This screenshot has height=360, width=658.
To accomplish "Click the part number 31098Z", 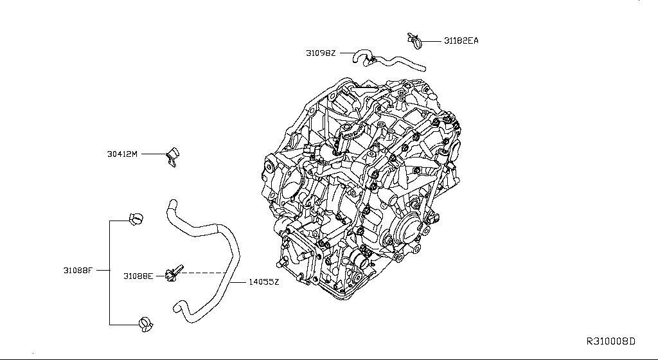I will click(x=321, y=53).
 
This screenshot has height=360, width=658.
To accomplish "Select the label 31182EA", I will click(x=461, y=40).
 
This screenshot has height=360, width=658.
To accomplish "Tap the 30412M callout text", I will click(x=122, y=154).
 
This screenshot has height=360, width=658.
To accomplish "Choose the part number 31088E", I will click(x=138, y=276).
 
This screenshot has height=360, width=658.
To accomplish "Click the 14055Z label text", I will click(x=263, y=283).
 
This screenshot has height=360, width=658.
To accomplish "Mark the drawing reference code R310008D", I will click(x=610, y=340).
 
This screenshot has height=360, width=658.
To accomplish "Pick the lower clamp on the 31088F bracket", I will click(x=146, y=325).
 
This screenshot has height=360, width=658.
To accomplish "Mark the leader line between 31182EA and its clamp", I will click(x=432, y=40).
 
